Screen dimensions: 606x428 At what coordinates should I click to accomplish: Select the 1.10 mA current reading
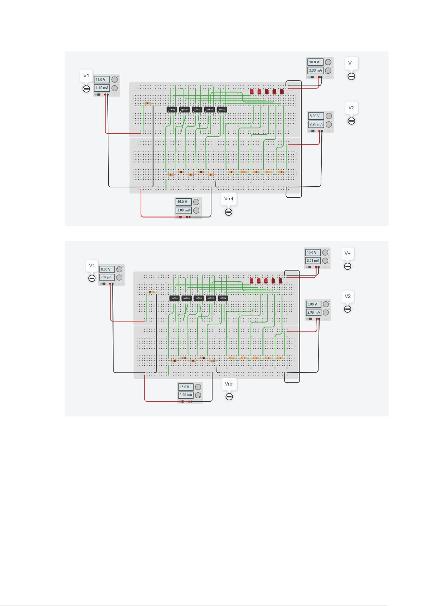tap(102, 88)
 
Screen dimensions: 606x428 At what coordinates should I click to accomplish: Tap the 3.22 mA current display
tap(315, 70)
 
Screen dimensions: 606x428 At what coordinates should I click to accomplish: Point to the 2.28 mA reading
tap(316, 124)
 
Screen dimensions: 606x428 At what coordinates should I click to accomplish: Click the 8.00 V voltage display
tap(107, 269)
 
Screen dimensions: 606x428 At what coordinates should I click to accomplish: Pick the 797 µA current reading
tap(107, 277)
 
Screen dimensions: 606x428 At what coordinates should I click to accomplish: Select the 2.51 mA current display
tap(313, 261)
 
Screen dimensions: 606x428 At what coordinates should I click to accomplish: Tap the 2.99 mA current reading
tap(313, 313)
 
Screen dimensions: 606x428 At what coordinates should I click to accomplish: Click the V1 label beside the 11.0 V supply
tap(86, 76)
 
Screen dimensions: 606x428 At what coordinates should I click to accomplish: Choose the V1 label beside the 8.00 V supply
tap(92, 265)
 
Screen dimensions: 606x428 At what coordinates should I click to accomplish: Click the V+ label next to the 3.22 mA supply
tap(351, 63)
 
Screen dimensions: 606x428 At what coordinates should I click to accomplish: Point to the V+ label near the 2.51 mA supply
tap(348, 253)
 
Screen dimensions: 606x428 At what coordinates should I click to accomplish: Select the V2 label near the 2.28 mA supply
tap(351, 108)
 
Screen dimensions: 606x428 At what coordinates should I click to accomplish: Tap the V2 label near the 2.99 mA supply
tap(348, 296)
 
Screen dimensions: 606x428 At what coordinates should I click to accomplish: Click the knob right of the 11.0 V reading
tap(115, 79)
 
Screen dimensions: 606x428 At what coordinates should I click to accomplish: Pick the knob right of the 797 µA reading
tap(119, 277)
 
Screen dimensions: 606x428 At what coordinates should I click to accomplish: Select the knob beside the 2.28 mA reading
tap(329, 124)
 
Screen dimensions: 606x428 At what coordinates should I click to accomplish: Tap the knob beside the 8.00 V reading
tap(119, 269)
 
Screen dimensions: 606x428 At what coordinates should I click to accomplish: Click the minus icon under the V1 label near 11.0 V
tap(86, 89)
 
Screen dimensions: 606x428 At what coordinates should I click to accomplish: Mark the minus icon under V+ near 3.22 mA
tap(351, 76)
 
